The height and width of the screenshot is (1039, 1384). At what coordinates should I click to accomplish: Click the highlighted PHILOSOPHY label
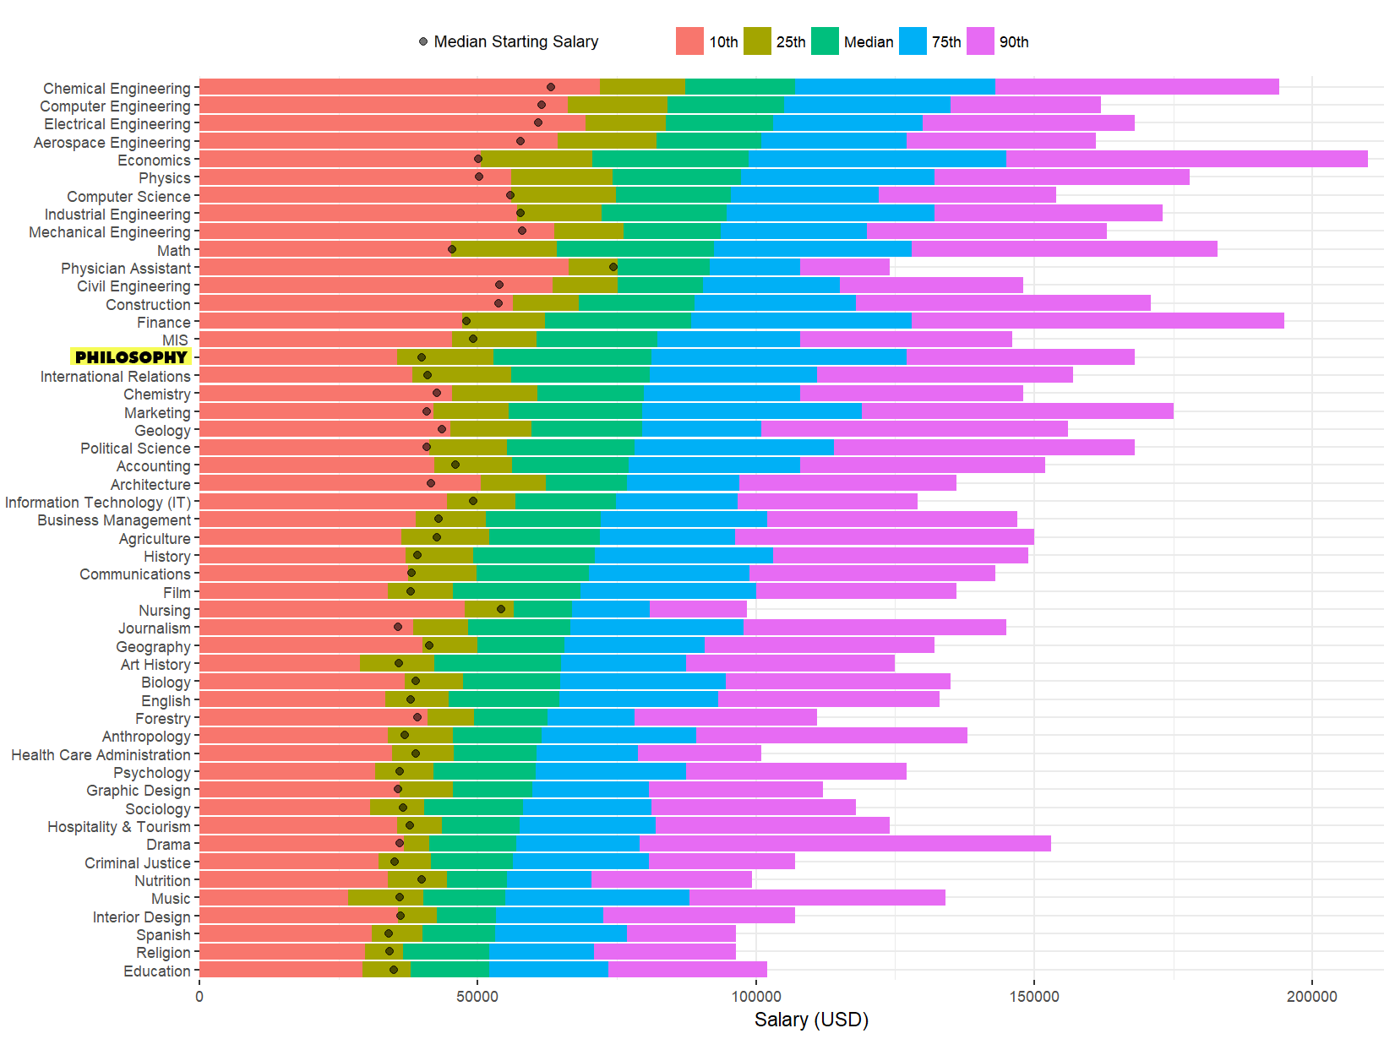(x=131, y=357)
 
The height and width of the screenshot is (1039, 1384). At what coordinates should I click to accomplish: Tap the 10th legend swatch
(x=689, y=41)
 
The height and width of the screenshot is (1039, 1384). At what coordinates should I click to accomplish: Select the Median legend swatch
(x=825, y=41)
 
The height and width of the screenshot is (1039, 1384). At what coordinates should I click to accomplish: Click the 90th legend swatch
(x=980, y=41)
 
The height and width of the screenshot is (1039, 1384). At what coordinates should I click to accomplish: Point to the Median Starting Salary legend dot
(x=423, y=41)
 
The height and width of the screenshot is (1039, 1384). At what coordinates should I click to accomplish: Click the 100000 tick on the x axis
(x=755, y=997)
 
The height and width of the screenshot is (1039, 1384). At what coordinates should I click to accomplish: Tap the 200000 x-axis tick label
(x=1311, y=997)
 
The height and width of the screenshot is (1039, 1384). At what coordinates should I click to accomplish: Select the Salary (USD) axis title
(x=811, y=1020)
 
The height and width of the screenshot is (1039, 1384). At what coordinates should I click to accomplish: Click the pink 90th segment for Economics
(x=1186, y=159)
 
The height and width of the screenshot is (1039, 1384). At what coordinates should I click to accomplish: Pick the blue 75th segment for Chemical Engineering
(x=895, y=87)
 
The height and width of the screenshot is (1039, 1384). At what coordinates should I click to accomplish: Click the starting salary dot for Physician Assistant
(x=613, y=267)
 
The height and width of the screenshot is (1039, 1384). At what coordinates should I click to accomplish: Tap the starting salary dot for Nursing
(x=501, y=609)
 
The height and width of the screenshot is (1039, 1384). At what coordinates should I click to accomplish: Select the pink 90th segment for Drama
(x=845, y=843)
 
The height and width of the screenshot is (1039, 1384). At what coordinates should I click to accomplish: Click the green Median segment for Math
(x=635, y=249)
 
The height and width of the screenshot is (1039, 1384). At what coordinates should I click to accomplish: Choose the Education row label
(x=157, y=971)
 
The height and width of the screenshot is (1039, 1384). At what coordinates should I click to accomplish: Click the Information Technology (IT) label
(x=98, y=503)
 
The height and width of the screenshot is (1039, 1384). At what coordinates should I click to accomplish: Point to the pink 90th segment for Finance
(x=1098, y=321)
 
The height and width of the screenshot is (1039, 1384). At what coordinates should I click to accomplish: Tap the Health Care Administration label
(x=101, y=754)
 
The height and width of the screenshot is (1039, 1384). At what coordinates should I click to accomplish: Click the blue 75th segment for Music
(x=597, y=897)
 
